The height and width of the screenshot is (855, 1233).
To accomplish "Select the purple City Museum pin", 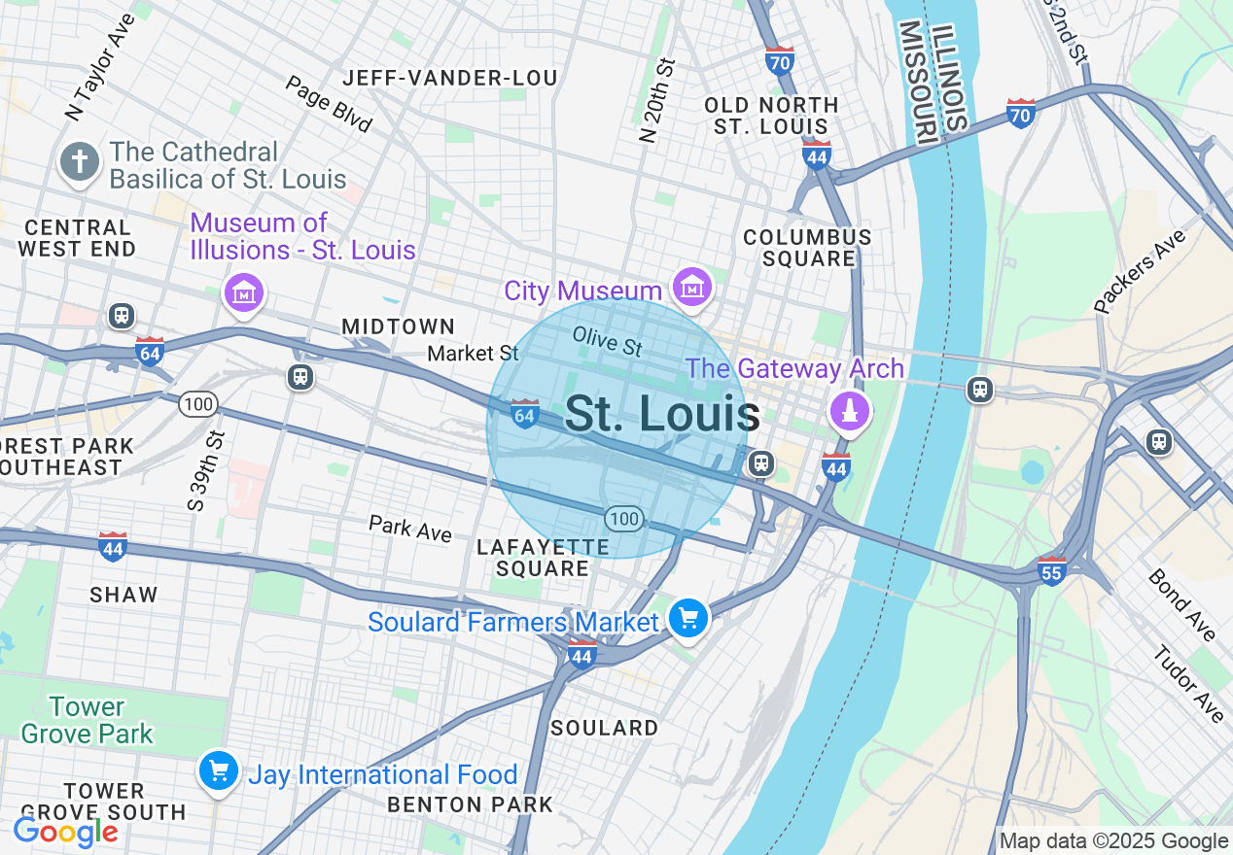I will (691, 287).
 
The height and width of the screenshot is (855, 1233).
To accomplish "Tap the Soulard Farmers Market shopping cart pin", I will (688, 618).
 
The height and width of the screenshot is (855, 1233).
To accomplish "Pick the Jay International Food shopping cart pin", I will (219, 771).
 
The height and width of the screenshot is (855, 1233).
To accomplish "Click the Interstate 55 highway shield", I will (1052, 569).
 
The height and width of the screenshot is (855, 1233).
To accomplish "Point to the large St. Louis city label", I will (661, 415).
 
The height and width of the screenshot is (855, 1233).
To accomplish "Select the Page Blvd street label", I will (329, 104).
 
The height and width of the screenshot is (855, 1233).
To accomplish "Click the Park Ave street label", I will (410, 530).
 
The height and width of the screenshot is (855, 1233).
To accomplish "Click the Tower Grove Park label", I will (87, 720).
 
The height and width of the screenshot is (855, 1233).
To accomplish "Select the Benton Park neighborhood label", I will (470, 804).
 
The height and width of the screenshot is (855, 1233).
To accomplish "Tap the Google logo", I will (66, 832).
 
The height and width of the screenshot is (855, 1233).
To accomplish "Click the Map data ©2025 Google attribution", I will (1114, 841).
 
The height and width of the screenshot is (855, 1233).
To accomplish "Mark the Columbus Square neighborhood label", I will (807, 248).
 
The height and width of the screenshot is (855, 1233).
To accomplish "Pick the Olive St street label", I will (608, 341).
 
